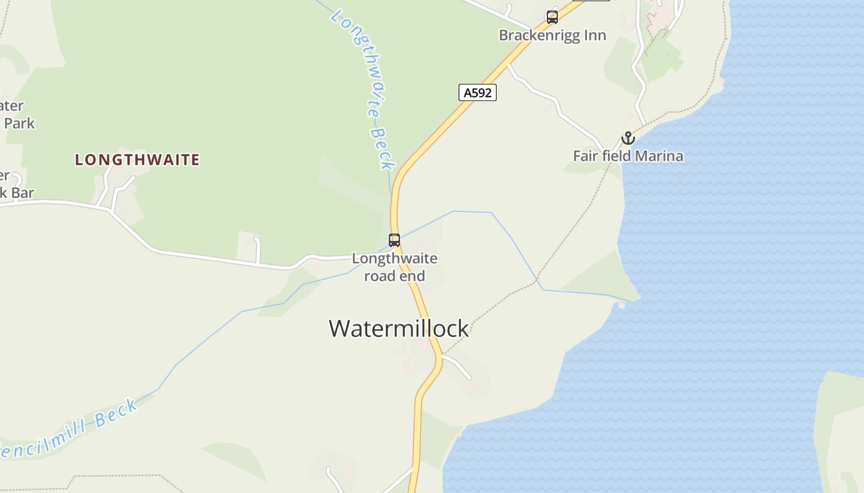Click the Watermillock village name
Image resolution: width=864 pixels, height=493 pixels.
click(x=399, y=328)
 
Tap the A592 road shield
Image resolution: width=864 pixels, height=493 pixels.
click(x=477, y=92)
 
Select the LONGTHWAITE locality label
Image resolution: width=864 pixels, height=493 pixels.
click(x=137, y=160)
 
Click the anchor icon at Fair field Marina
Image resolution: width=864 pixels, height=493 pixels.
click(x=628, y=138)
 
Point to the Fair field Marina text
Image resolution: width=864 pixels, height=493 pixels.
click(x=628, y=156)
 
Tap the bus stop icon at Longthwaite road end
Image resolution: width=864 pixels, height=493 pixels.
click(x=394, y=240)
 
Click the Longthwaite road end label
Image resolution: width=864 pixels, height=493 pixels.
click(x=394, y=267)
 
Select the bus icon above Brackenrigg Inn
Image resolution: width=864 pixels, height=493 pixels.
click(x=552, y=17)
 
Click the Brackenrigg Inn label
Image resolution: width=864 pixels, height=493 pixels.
click(x=552, y=35)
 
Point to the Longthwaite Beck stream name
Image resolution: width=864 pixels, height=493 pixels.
click(x=364, y=86)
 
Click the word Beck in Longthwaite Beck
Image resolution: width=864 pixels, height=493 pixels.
click(x=382, y=148)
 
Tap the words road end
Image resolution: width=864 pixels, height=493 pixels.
click(x=394, y=275)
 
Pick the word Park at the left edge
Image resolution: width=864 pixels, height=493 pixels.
click(x=19, y=123)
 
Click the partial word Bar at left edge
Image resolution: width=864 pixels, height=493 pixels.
click(x=22, y=193)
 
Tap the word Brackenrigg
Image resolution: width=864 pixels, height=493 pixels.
click(x=540, y=35)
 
